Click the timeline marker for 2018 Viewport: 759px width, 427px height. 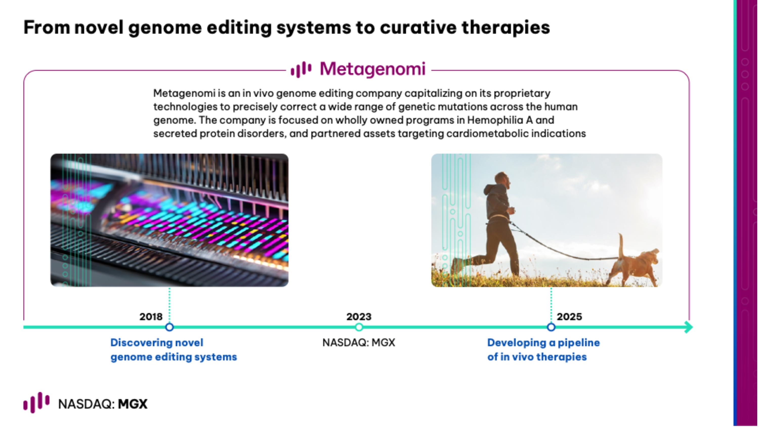coord(170,327)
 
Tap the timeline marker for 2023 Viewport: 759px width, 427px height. coord(359,327)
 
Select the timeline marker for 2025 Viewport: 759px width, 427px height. coord(551,327)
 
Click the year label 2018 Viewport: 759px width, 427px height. coord(151,317)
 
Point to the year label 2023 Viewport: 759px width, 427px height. coord(359,317)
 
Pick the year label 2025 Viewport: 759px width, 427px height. coord(569,317)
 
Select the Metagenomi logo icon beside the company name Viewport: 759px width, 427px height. coord(301,70)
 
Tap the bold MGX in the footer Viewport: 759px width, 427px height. coord(133,404)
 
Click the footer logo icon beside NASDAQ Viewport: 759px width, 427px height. coord(36,402)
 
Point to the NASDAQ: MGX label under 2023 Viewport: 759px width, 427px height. coord(359,342)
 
